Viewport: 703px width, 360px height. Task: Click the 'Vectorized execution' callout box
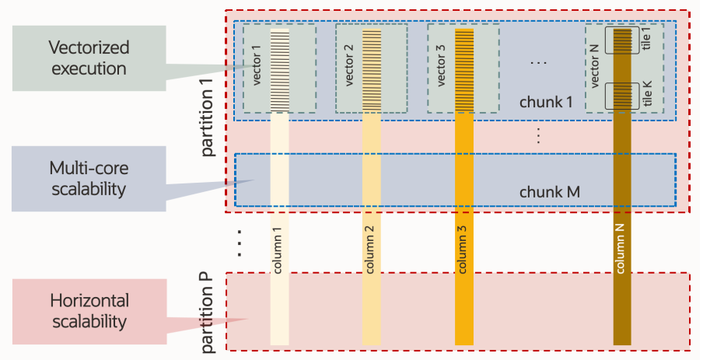(x=89, y=57)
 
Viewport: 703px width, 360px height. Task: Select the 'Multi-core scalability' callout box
(x=89, y=178)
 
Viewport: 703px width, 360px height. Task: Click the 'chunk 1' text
(x=546, y=102)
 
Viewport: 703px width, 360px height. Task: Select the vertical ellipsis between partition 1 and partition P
(x=240, y=243)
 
